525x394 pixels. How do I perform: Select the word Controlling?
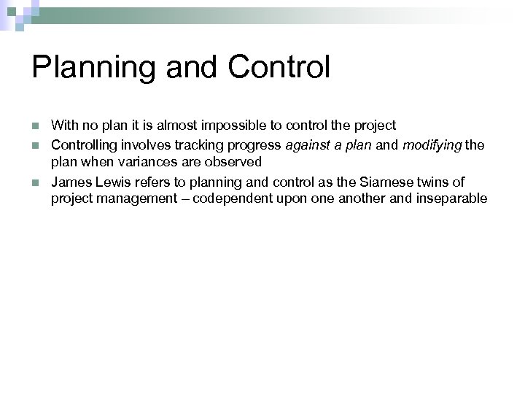point(82,146)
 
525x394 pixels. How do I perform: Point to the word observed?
point(235,161)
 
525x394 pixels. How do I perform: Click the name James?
point(69,182)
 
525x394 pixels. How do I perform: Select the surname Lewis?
point(108,182)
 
